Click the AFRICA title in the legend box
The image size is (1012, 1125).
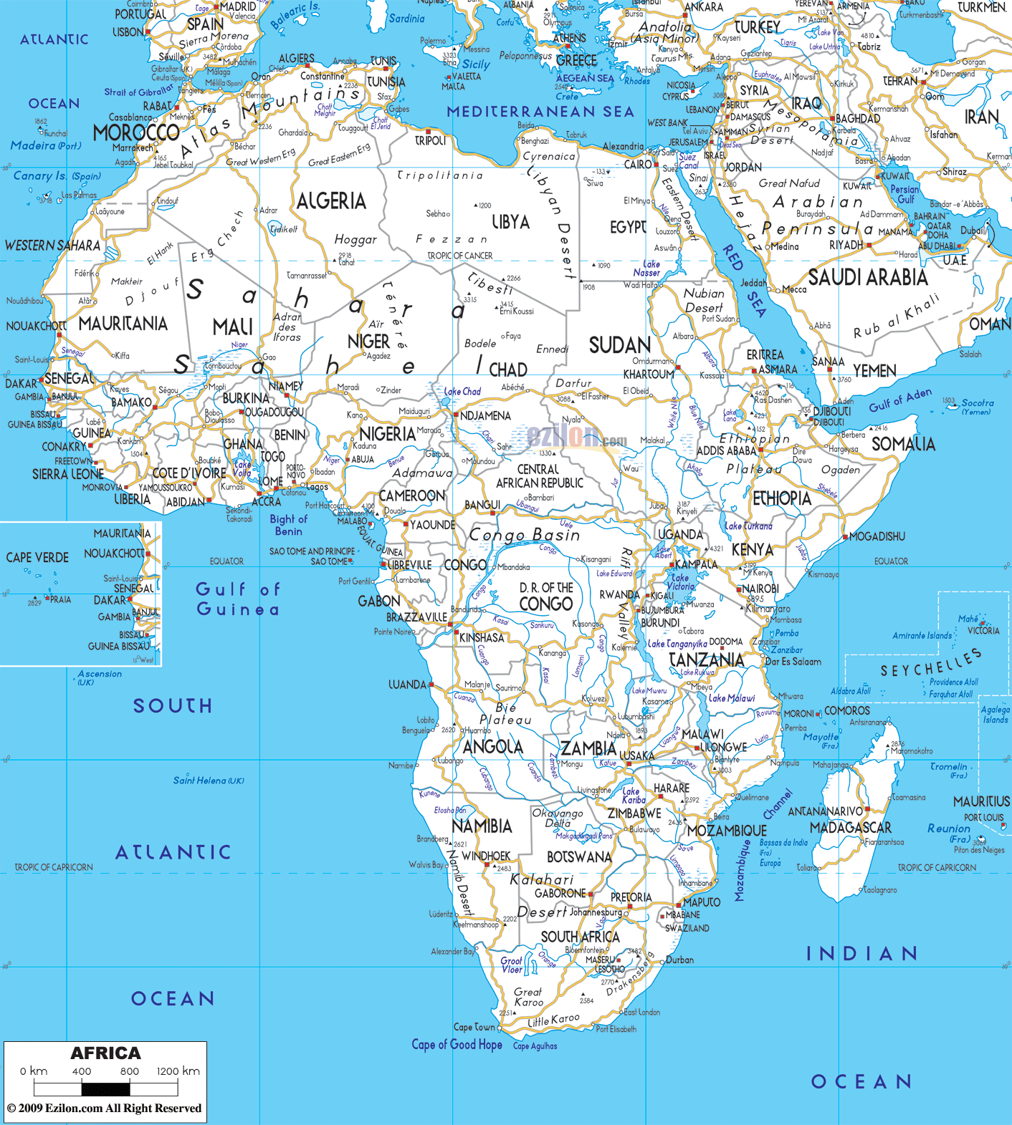pyautogui.click(x=105, y=1053)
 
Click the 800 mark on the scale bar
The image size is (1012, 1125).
pyautogui.click(x=130, y=1071)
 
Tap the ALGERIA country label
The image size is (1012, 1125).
pyautogui.click(x=331, y=201)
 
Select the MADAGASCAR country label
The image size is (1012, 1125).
pyautogui.click(x=850, y=828)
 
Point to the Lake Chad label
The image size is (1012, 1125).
pyautogui.click(x=462, y=392)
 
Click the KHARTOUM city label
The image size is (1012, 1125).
pyautogui.click(x=649, y=375)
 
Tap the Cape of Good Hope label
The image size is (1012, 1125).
pyautogui.click(x=457, y=1045)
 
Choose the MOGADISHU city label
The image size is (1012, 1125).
pyautogui.click(x=877, y=536)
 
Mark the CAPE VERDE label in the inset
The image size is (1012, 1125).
pyautogui.click(x=37, y=558)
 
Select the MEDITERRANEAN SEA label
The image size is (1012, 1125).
pyautogui.click(x=540, y=112)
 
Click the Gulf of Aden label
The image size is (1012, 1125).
pyautogui.click(x=900, y=400)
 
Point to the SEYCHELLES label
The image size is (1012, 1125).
pyautogui.click(x=930, y=663)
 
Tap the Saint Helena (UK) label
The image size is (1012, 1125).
pyautogui.click(x=209, y=781)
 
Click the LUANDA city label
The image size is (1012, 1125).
pyautogui.click(x=407, y=685)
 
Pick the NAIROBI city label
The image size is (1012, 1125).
pyautogui.click(x=760, y=589)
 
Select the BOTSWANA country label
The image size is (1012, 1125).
pyautogui.click(x=579, y=857)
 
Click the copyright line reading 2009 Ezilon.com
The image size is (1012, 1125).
pyautogui.click(x=105, y=1108)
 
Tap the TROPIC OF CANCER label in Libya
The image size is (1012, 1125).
pyautogui.click(x=460, y=256)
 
